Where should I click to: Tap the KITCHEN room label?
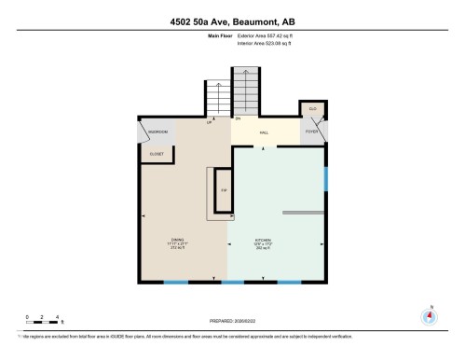click(x=262, y=240)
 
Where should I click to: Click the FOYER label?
click(x=312, y=132)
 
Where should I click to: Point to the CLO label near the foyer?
click(x=313, y=109)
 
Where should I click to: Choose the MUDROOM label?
click(x=157, y=132)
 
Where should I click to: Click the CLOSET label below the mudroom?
click(x=157, y=153)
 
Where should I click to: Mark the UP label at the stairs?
click(x=209, y=122)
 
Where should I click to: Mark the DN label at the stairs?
click(x=239, y=119)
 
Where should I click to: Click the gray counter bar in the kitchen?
click(x=302, y=213)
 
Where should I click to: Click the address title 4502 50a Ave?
click(x=232, y=21)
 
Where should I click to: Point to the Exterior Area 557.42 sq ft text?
click(x=271, y=35)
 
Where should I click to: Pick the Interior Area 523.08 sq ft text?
click(x=271, y=42)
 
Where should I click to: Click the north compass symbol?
click(x=430, y=315)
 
